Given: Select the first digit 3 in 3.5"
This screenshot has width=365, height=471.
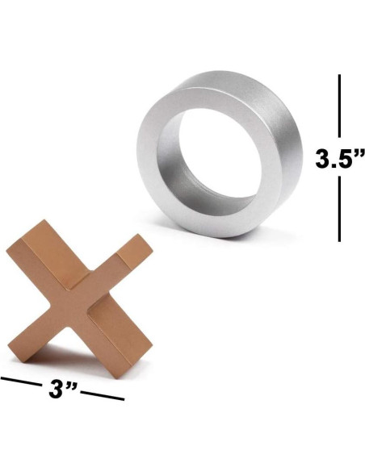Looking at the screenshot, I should tap(322, 159).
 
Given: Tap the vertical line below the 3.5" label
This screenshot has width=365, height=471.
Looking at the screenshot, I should tap(339, 210).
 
